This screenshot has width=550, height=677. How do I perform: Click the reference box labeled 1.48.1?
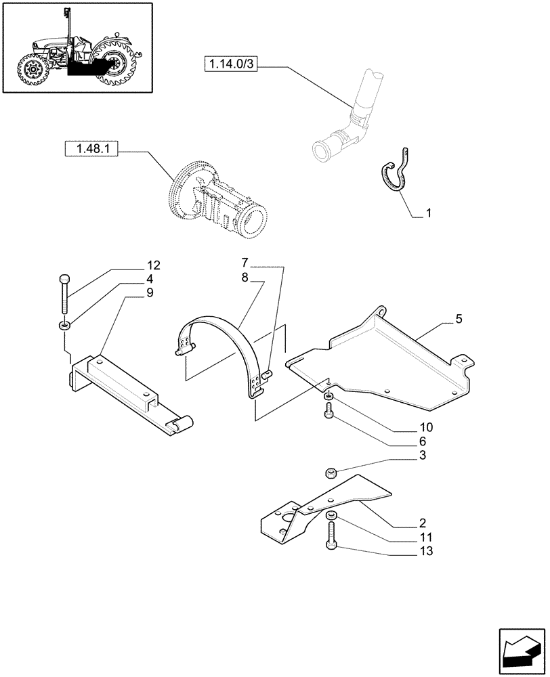pos(91,149)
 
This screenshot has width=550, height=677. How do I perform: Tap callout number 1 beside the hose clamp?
pos(428,213)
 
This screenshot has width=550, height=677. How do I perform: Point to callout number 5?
pos(459,319)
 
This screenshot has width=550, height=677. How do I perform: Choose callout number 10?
pos(425,427)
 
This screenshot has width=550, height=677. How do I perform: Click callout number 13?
pos(426,551)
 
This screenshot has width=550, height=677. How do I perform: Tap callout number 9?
pos(149,292)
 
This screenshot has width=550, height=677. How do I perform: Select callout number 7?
pos(245,262)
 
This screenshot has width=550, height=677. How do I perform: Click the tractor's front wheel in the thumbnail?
pos(30,70)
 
